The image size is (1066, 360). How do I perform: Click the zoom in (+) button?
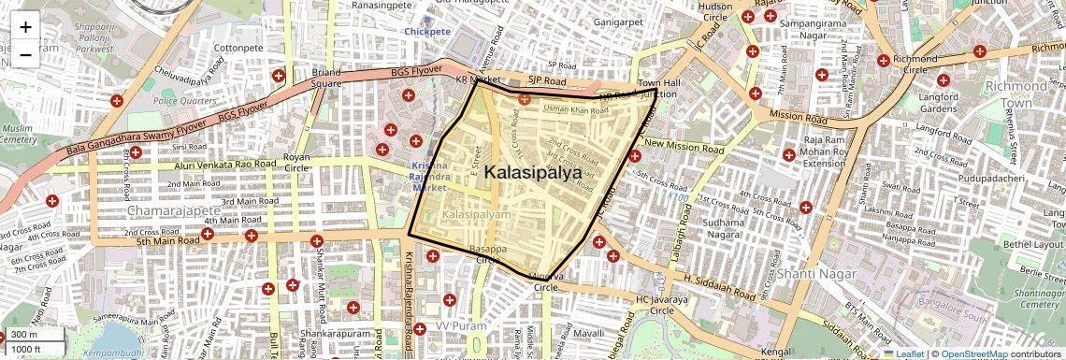tap(25, 26)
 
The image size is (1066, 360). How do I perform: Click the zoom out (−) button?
tap(25, 54)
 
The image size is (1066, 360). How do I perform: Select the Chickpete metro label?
tap(427, 32)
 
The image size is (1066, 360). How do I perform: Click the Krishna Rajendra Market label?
tap(431, 177)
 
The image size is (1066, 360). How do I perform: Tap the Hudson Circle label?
tap(715, 11)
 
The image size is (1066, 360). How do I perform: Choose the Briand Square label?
tap(326, 78)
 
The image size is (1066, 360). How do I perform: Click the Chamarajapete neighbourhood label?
tap(174, 211)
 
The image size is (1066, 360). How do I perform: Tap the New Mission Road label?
tap(684, 146)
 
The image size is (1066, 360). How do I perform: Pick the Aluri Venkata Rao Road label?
tap(225, 165)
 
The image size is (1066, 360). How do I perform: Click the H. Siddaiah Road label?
tap(719, 286)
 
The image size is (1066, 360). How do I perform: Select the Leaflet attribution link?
tap(903, 354)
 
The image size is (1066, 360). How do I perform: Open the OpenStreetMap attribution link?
tap(972, 354)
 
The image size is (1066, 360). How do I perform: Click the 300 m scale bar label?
tap(24, 335)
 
